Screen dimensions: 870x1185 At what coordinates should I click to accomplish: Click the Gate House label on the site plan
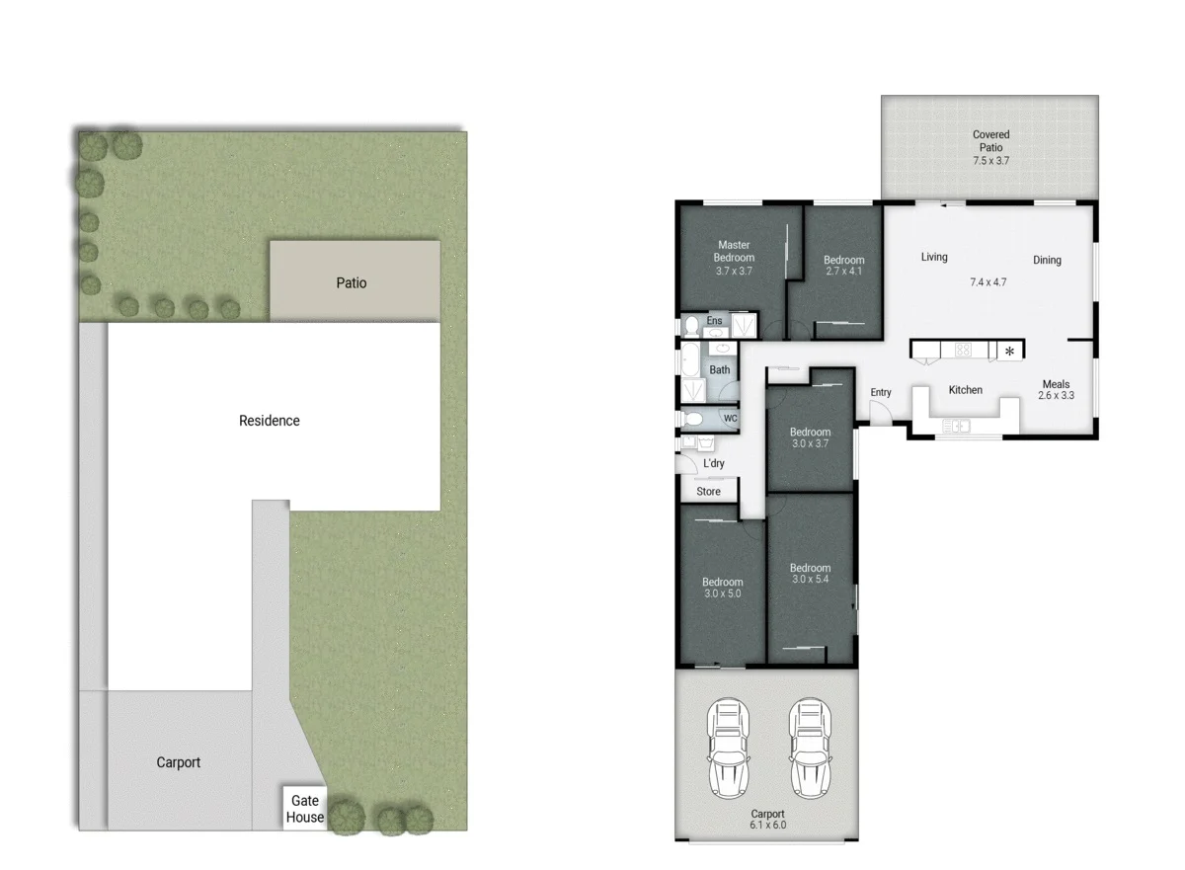pos(305,809)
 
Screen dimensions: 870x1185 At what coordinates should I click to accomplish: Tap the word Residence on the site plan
pos(269,421)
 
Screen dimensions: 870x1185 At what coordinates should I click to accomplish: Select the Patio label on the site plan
pos(351,283)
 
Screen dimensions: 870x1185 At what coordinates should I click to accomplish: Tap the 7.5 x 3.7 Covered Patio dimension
pos(990,160)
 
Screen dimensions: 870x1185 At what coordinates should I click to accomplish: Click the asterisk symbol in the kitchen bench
pos(1009,351)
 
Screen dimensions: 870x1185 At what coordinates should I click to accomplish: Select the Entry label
pos(881,392)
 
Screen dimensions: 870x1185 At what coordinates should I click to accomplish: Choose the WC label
pos(731,419)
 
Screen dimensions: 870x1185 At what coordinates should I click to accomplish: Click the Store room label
pos(708,491)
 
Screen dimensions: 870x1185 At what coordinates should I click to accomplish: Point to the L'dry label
pos(713,463)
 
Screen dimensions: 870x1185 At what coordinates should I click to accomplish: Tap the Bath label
pos(720,370)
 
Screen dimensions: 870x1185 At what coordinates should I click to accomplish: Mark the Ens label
pos(714,321)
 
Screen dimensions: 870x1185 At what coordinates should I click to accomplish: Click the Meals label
pos(1056,384)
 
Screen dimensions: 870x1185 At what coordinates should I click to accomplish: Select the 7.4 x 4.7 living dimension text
pos(987,282)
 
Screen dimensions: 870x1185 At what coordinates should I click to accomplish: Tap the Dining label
pos(1047,261)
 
